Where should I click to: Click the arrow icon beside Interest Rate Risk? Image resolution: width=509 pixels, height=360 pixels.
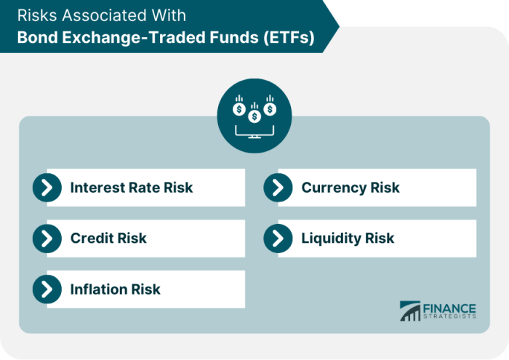coord(47,188)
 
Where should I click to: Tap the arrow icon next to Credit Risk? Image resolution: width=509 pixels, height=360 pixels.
coord(47,239)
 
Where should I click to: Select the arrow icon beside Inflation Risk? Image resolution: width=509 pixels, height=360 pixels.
coord(47,289)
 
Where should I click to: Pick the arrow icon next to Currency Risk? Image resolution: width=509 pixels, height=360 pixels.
coord(278,188)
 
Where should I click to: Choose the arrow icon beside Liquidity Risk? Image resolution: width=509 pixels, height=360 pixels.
coord(278,239)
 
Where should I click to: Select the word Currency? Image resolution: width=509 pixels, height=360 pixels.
coord(333,188)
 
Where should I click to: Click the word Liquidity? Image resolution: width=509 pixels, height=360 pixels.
coord(331,239)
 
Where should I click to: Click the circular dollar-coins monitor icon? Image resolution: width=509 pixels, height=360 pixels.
coord(254,116)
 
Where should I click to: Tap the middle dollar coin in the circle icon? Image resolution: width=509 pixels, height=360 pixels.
coord(254,116)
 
